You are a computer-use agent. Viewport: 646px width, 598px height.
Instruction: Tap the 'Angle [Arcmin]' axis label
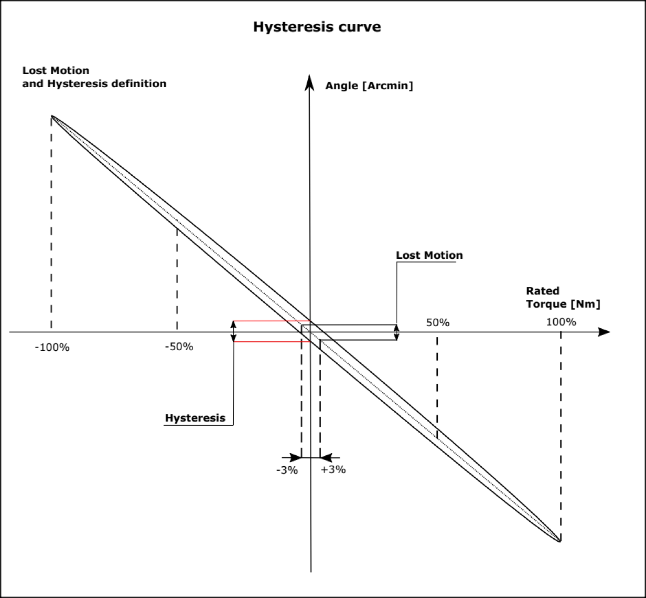[369, 86]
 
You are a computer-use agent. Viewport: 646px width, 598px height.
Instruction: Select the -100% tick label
[52, 347]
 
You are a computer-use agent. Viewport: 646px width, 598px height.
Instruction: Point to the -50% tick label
[179, 347]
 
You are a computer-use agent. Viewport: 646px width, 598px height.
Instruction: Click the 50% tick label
[438, 323]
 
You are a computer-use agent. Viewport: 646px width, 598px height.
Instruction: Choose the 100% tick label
[561, 322]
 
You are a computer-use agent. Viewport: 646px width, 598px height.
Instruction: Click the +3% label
[333, 469]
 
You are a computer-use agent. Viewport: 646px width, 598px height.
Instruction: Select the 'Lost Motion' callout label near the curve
[429, 255]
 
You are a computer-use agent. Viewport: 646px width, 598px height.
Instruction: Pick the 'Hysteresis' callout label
[195, 418]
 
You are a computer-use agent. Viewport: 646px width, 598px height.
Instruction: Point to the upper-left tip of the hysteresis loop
[51, 116]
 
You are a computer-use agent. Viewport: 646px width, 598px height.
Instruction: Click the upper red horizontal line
[272, 321]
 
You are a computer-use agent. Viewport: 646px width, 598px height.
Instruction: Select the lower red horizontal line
[272, 341]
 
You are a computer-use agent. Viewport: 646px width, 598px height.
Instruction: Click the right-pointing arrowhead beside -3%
[296, 458]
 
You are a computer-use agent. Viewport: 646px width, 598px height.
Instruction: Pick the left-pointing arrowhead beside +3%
[326, 458]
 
